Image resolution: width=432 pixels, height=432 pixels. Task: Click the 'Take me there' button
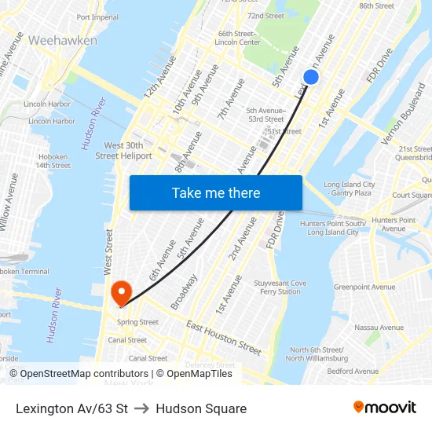(x=216, y=192)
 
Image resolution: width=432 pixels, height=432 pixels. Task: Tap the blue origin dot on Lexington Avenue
(x=311, y=77)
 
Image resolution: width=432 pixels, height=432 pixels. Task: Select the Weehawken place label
(x=63, y=40)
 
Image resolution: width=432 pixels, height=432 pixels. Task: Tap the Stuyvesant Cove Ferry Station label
(x=280, y=287)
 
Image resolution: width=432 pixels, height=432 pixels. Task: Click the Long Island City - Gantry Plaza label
(x=349, y=189)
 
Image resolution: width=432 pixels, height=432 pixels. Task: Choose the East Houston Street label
(x=224, y=337)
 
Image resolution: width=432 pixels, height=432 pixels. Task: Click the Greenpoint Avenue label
(x=364, y=287)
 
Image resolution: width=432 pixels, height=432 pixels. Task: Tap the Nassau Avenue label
(x=379, y=328)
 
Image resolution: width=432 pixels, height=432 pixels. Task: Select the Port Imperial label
(x=97, y=17)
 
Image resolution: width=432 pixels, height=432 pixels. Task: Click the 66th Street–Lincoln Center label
(x=239, y=38)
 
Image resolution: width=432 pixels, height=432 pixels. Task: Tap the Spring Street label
(x=137, y=322)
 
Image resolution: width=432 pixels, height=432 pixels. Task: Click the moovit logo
(x=384, y=407)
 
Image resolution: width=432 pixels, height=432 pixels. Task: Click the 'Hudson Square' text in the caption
(x=201, y=408)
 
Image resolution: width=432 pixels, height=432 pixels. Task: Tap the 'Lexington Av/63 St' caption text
(x=71, y=408)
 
